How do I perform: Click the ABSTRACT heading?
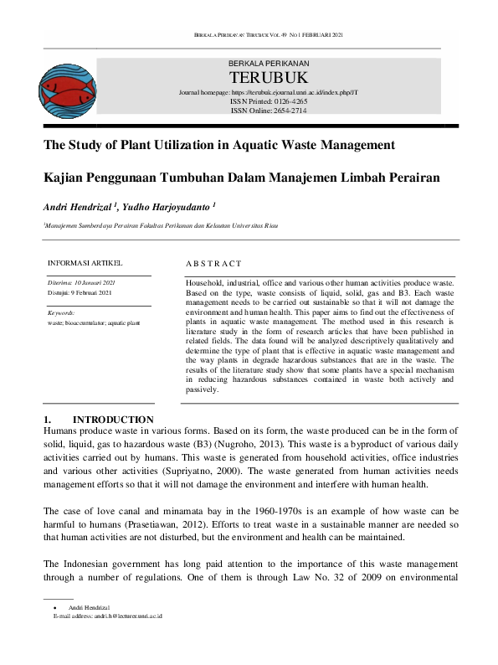click(x=213, y=264)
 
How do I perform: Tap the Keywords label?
click(x=61, y=312)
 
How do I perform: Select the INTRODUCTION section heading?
click(x=113, y=419)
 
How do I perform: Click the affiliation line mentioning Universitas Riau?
click(x=162, y=226)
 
